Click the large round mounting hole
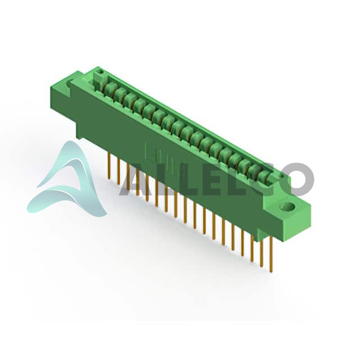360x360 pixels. pos(287,206)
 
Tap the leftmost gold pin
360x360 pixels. pos(109,166)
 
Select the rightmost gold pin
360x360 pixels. pos(271,254)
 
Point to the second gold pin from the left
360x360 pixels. pos(118,171)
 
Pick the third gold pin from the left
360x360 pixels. pos(128,177)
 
